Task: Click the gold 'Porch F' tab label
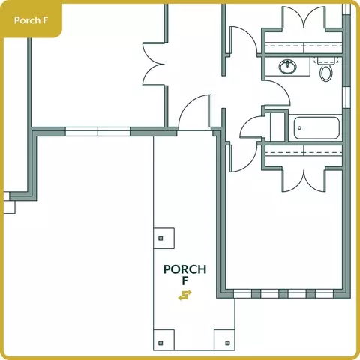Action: point(31,20)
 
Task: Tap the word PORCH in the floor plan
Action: point(185,269)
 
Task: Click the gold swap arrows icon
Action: point(185,295)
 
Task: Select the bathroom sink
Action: point(288,67)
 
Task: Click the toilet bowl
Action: point(326,73)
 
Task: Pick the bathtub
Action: point(316,128)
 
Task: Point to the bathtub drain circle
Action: point(299,128)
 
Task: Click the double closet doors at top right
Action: point(304,16)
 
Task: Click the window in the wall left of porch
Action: point(97,131)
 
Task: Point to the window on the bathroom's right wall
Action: point(346,97)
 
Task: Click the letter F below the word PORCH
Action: point(185,281)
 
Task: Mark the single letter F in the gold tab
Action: point(45,20)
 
